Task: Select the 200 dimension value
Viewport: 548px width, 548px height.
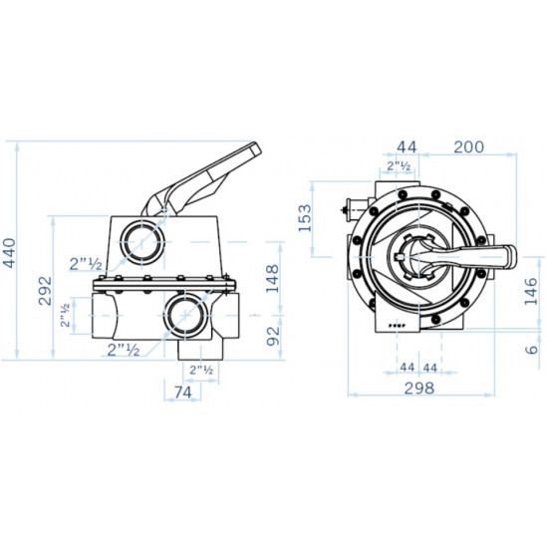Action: point(467,146)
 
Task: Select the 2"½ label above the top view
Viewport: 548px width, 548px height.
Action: point(400,166)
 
